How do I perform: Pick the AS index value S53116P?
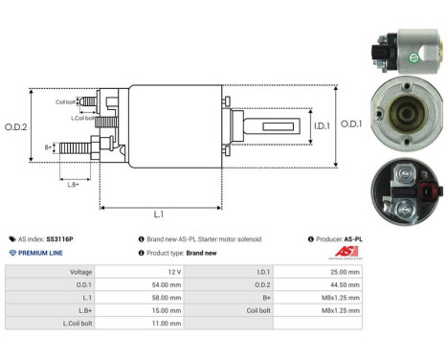[x=59, y=238]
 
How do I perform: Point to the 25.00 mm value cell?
[x=343, y=271]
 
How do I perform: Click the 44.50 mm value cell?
[x=343, y=284]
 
